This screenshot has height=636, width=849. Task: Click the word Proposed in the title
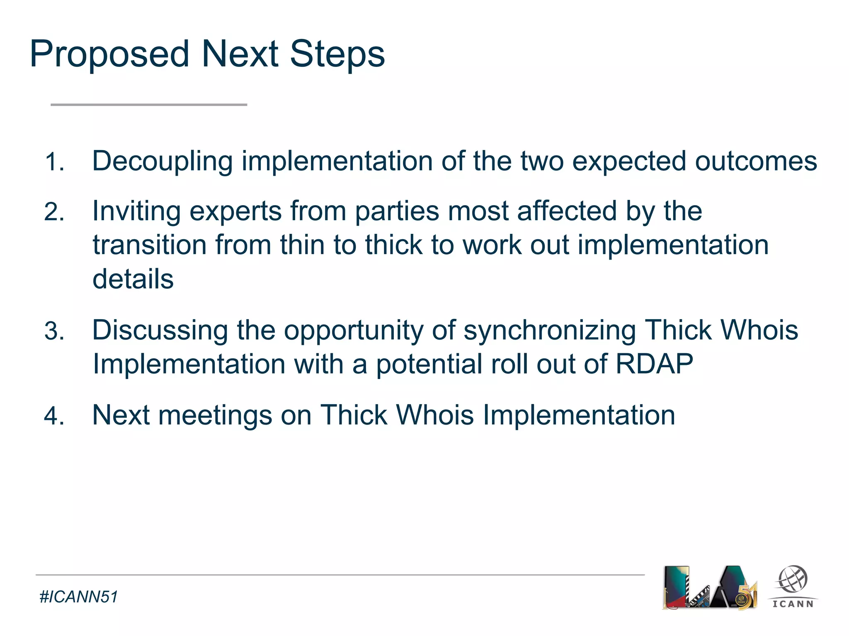click(109, 55)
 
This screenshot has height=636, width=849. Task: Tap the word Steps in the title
click(337, 55)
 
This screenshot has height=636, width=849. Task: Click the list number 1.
click(54, 162)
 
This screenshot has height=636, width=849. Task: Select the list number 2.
click(54, 212)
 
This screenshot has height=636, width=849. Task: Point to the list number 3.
click(54, 331)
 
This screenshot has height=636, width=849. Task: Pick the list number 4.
click(54, 416)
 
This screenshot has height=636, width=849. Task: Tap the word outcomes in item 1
click(756, 161)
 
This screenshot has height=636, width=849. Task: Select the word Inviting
click(136, 211)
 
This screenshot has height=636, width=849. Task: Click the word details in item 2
click(133, 279)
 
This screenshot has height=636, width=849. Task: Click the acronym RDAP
click(654, 364)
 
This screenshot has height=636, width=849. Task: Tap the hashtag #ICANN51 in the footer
click(78, 597)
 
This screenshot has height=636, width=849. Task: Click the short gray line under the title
click(149, 105)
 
